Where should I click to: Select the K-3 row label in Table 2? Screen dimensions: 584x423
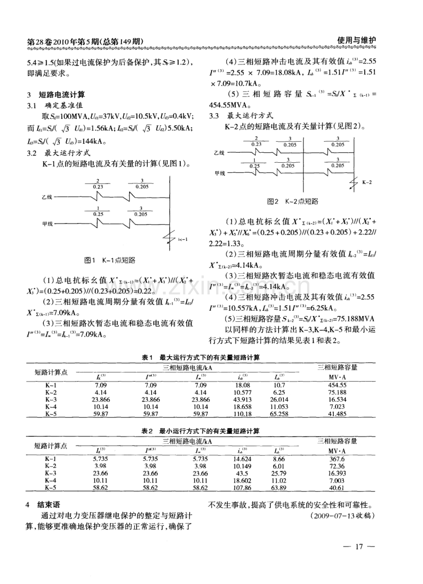point(51,473)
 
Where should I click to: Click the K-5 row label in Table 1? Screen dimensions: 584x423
point(51,414)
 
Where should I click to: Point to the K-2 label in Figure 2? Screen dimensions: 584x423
point(366,181)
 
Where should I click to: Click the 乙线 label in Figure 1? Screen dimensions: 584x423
point(47,197)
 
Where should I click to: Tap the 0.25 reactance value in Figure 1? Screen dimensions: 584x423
point(98,215)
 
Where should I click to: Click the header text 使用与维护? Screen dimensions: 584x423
point(356,41)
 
